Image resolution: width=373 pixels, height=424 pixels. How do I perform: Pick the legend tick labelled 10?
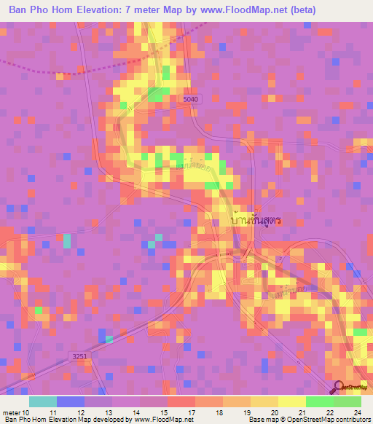25,412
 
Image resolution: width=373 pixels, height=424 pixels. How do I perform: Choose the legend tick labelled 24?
356,412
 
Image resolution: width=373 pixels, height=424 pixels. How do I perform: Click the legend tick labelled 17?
190,412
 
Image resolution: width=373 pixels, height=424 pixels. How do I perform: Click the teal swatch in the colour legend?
43,401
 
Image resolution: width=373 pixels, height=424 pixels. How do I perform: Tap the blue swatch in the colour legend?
71,401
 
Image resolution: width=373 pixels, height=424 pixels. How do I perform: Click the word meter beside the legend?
10,412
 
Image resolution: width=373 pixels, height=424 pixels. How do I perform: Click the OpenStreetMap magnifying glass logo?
338,387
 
